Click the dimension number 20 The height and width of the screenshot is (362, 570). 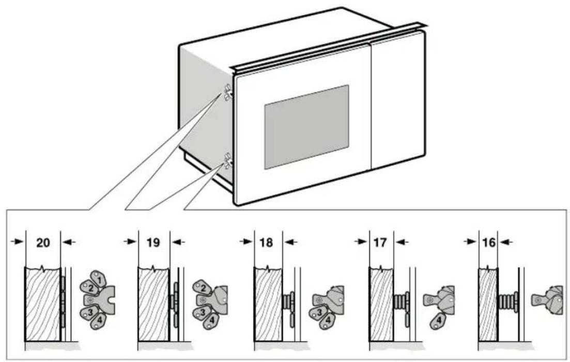(x=43, y=242)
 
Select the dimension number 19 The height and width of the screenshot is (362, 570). (x=153, y=242)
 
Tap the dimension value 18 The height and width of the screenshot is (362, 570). (x=266, y=242)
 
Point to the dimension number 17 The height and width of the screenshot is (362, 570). (x=380, y=242)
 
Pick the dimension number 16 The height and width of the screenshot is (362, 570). (x=489, y=242)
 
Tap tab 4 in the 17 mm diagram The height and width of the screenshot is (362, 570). (x=438, y=321)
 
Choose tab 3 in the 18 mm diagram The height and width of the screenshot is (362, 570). (x=318, y=311)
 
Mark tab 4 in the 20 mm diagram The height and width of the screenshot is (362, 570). (x=99, y=321)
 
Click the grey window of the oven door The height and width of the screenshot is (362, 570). (x=306, y=127)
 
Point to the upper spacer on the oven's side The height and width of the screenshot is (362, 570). (x=228, y=92)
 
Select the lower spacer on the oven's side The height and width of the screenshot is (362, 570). (x=228, y=161)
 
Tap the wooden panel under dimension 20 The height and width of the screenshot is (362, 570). (x=42, y=304)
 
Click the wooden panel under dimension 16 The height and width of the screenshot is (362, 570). (x=488, y=304)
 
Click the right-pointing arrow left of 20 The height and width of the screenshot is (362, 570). (x=18, y=241)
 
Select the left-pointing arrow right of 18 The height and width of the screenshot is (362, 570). (x=290, y=241)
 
